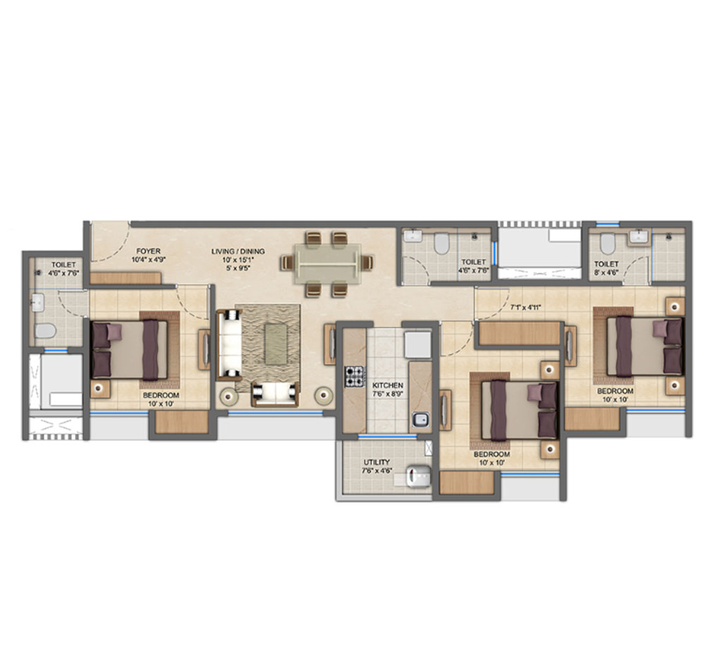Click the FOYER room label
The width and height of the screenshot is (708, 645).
pyautogui.click(x=148, y=251)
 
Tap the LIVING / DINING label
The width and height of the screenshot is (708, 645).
pyautogui.click(x=238, y=251)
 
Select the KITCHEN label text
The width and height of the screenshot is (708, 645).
pyautogui.click(x=387, y=385)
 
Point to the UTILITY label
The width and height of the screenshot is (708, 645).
pyautogui.click(x=377, y=462)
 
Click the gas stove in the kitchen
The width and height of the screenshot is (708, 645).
pyautogui.click(x=355, y=377)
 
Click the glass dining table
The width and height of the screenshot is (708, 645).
pyautogui.click(x=328, y=264)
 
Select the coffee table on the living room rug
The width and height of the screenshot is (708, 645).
pyautogui.click(x=276, y=344)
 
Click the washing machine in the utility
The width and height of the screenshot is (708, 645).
pyautogui.click(x=417, y=476)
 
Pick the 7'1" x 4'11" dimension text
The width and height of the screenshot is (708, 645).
pyautogui.click(x=525, y=308)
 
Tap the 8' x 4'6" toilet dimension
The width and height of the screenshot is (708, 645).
pyautogui.click(x=606, y=272)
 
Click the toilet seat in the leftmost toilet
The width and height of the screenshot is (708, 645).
pyautogui.click(x=46, y=330)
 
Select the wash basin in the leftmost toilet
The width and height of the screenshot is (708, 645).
pyautogui.click(x=37, y=302)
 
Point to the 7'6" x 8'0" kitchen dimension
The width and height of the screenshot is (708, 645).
pyautogui.click(x=388, y=394)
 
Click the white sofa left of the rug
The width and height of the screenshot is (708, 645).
pyautogui.click(x=229, y=344)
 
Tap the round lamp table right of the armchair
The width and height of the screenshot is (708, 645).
pyautogui.click(x=323, y=397)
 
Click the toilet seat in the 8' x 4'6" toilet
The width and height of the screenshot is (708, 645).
pyautogui.click(x=607, y=244)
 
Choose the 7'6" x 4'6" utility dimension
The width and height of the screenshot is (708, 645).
pyautogui.click(x=377, y=471)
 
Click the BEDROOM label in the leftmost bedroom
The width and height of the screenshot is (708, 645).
pyautogui.click(x=161, y=395)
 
